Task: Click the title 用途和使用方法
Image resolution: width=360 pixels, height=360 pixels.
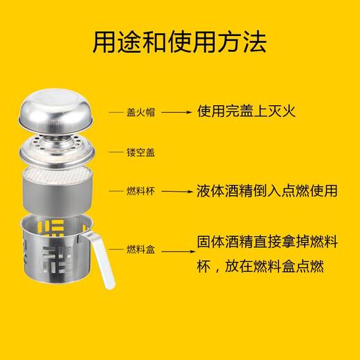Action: (x=179, y=42)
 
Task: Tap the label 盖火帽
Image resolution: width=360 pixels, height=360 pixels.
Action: (x=140, y=111)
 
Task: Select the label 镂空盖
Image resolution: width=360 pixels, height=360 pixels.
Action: (x=140, y=152)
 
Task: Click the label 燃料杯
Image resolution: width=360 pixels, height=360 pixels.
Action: (x=140, y=190)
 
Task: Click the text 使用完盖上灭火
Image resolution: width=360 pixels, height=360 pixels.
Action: (x=246, y=111)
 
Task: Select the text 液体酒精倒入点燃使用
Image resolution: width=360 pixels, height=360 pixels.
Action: (x=266, y=190)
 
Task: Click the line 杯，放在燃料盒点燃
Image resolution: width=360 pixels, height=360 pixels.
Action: (x=260, y=267)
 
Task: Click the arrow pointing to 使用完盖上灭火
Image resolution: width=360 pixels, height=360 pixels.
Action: (x=177, y=111)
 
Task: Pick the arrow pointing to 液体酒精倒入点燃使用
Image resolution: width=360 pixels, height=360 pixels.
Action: (x=177, y=190)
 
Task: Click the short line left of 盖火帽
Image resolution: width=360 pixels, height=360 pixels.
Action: (x=114, y=111)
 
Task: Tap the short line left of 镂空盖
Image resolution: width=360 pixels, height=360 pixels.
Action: (x=114, y=152)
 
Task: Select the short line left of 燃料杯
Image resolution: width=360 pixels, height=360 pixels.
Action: (x=114, y=190)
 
